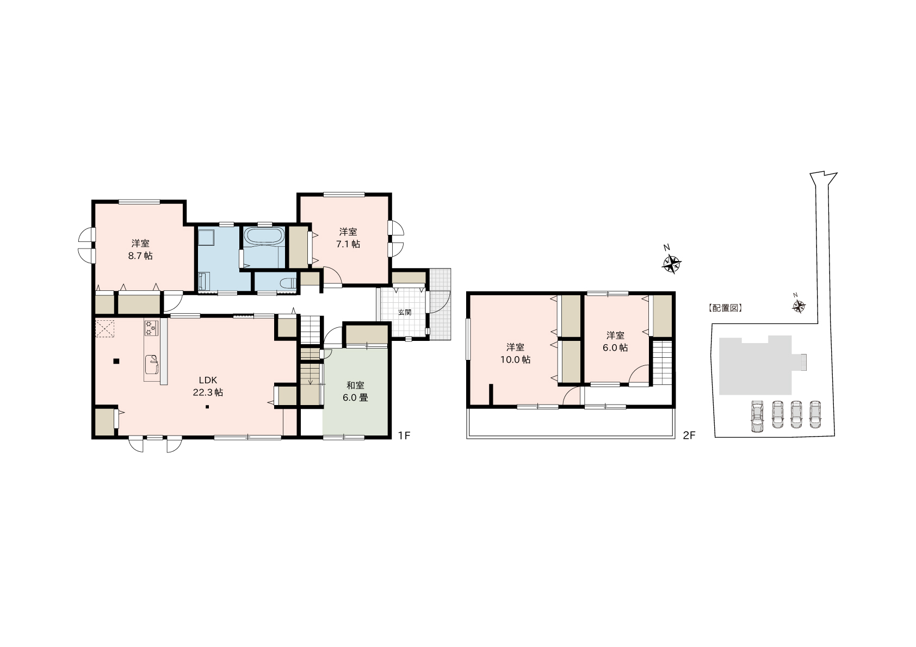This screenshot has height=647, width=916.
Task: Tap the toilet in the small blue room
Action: [289, 283]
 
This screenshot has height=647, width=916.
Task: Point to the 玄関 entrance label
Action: [405, 313]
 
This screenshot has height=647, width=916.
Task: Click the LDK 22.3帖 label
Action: [208, 386]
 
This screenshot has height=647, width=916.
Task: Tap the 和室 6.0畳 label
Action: [355, 391]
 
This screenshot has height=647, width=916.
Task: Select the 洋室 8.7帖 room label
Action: [140, 250]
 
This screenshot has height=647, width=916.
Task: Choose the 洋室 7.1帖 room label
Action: [348, 238]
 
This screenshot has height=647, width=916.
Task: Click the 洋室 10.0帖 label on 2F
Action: [515, 353]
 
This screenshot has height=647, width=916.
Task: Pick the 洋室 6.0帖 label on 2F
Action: [615, 341]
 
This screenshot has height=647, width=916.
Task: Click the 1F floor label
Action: [404, 436]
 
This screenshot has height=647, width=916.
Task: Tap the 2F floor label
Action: [689, 436]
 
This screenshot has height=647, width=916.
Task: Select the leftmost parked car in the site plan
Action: [757, 416]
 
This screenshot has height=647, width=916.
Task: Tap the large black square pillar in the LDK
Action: [116, 361]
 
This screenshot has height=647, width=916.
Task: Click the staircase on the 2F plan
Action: [661, 363]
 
